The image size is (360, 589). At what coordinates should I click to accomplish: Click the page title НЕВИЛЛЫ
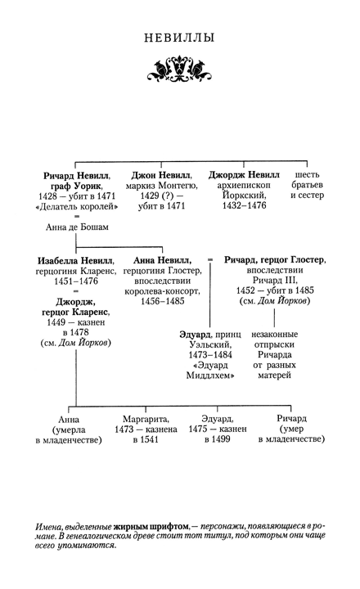pos(179,38)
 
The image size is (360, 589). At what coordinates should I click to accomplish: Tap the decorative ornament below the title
pos(179,69)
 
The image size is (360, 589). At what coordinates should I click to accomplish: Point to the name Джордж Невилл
pos(243,175)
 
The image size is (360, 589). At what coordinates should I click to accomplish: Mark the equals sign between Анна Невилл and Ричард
pos(210,260)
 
